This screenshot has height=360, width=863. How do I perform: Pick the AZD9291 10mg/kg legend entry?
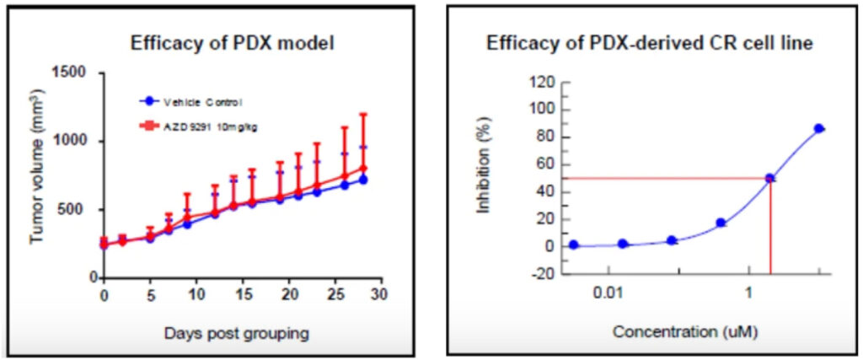tap(201, 126)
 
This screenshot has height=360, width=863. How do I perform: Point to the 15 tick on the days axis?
tap(241, 296)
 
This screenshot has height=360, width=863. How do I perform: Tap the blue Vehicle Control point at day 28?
tap(362, 180)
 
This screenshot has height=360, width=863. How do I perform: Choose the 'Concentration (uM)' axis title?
tap(685, 330)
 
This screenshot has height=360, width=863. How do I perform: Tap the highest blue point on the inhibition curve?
tap(818, 128)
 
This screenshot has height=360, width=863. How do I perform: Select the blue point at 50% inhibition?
tap(769, 178)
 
